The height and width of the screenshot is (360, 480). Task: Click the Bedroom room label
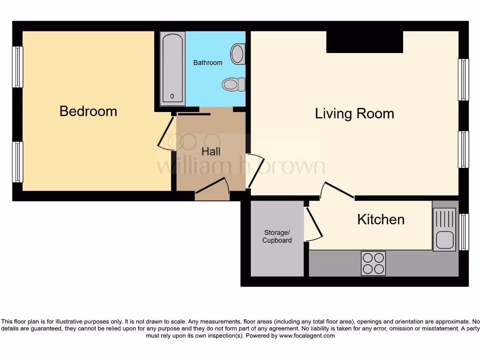tap(88, 112)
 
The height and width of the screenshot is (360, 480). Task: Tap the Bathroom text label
tap(208, 62)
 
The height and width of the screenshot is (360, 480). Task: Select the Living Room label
tap(354, 113)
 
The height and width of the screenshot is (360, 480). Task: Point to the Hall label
tap(211, 152)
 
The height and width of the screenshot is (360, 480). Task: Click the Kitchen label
tap(381, 219)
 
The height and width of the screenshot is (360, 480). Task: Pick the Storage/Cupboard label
tap(277, 237)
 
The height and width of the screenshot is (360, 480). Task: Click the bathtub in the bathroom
tap(172, 69)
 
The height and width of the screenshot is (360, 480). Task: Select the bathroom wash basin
tap(238, 54)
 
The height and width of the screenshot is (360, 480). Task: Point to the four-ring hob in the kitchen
tap(373, 263)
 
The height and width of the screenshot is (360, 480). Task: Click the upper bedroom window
tap(17, 67)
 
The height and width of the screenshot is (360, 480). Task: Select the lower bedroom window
tap(17, 162)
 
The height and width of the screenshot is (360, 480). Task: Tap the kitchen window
tap(464, 232)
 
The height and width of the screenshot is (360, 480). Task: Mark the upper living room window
tap(463, 80)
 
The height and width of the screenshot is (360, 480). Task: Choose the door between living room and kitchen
tap(337, 190)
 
